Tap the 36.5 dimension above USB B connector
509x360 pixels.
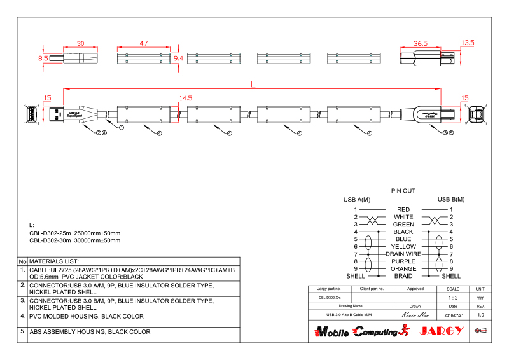click(420, 43)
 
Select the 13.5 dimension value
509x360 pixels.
click(468, 43)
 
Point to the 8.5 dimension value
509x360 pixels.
click(43, 58)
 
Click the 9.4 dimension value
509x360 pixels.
click(178, 58)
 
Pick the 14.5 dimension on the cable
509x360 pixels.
click(185, 98)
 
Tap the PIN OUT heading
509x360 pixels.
click(403, 191)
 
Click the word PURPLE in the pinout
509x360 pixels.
click(403, 261)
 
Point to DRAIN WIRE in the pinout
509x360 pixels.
click(403, 254)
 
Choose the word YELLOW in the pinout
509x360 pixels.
click(403, 246)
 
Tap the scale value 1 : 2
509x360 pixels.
click(453, 297)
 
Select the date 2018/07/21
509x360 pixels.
click(453, 315)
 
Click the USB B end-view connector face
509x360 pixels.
click(477, 114)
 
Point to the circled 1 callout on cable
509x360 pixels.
click(121, 127)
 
